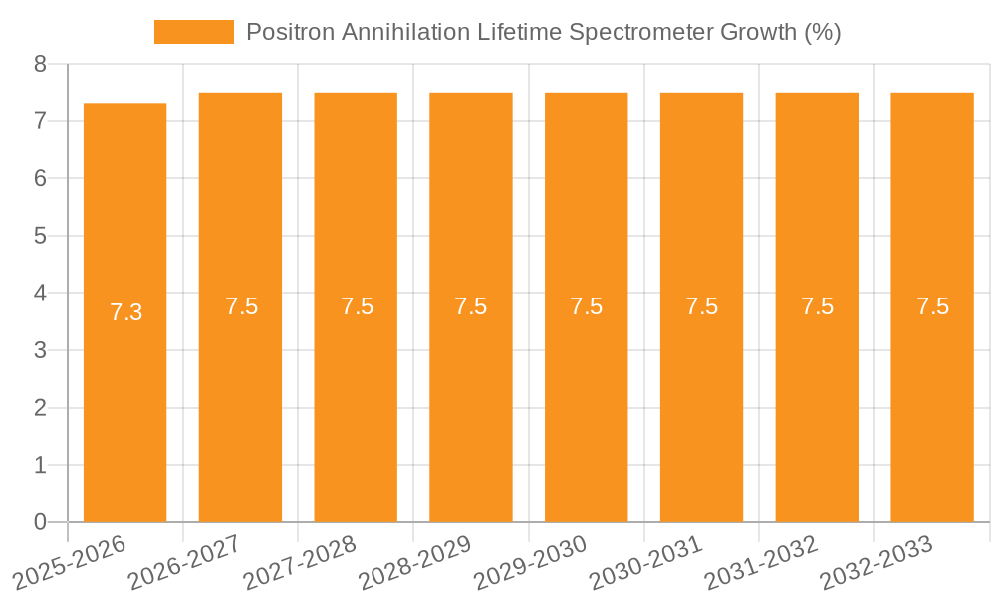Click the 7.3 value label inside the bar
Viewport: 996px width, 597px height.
click(x=125, y=312)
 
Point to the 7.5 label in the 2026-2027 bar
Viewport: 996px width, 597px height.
click(x=241, y=306)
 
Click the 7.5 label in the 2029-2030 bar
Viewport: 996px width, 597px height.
click(x=587, y=306)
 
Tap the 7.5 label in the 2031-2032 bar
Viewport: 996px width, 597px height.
click(x=817, y=306)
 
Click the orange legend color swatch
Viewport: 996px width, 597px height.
click(x=193, y=32)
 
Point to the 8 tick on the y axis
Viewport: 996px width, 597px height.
click(x=40, y=64)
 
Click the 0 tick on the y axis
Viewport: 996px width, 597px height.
click(x=40, y=522)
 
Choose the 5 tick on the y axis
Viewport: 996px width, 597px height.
click(x=40, y=236)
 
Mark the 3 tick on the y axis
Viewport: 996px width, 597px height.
click(x=40, y=350)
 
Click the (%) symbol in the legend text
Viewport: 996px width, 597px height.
click(x=823, y=32)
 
